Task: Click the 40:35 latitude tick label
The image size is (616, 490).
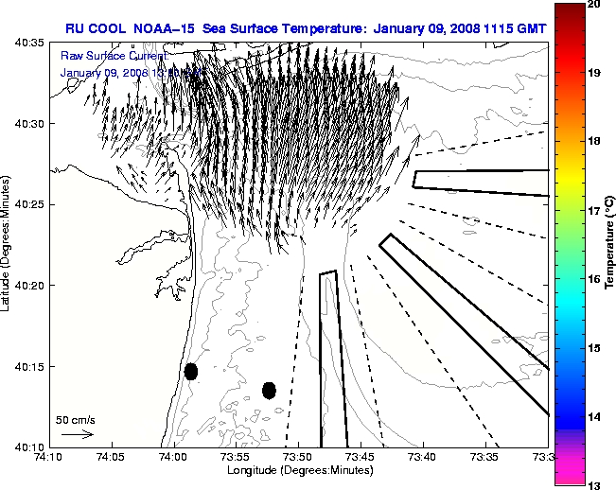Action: (32, 44)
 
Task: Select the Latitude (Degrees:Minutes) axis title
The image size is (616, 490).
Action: (9, 245)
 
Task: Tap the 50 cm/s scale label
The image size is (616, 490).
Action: (75, 418)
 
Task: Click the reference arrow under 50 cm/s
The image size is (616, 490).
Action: (77, 434)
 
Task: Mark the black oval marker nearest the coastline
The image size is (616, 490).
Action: (191, 372)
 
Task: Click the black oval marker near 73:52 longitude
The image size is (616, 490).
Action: (269, 390)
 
